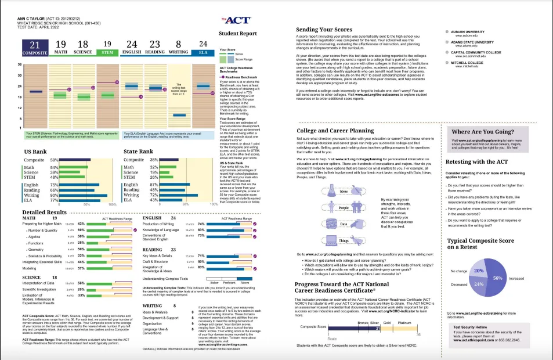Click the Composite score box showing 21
(35, 47)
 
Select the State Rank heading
(138, 150)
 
